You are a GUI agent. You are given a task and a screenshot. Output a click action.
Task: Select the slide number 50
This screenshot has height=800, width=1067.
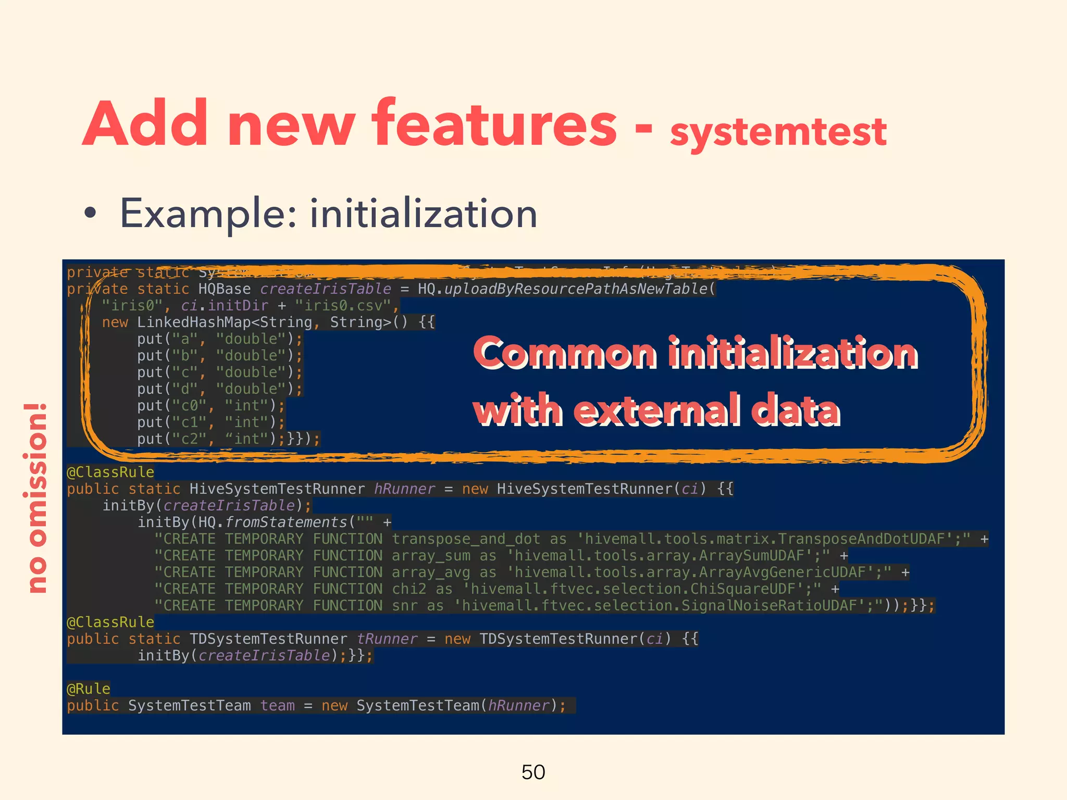point(533,772)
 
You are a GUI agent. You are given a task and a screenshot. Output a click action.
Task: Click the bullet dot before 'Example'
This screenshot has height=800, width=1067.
point(91,213)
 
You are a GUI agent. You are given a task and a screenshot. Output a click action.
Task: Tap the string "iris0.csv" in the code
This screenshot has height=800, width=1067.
point(342,306)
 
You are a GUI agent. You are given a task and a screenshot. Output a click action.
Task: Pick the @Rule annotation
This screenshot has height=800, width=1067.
point(89,689)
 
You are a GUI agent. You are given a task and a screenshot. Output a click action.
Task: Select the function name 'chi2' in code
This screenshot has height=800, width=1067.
point(409,589)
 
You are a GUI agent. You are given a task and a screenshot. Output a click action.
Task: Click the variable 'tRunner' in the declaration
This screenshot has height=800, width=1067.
point(387,639)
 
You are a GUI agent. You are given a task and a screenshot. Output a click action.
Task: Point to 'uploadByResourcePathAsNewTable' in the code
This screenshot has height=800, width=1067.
point(575,289)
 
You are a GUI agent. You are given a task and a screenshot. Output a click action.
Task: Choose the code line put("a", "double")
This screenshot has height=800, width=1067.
point(219,339)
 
